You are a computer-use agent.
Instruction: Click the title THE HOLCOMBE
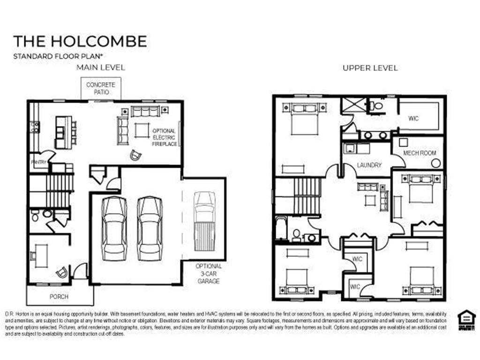pos(80,41)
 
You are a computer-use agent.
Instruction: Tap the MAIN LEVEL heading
pos(101,67)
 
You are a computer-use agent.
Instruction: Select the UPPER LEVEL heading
pos(370,68)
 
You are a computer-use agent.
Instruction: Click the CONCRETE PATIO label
pos(101,89)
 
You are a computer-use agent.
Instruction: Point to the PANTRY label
pos(38,162)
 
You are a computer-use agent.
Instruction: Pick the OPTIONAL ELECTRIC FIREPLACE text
pos(164,137)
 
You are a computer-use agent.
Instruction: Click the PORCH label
pos(59,297)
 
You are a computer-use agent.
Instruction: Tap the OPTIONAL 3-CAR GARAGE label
pos(209,273)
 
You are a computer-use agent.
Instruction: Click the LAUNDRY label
pos(369,165)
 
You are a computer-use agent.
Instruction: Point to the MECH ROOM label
pos(420,153)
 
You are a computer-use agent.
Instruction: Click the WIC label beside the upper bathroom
pos(413,119)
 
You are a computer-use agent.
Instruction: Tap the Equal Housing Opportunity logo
pos(466,321)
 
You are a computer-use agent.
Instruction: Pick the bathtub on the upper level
pos(281,229)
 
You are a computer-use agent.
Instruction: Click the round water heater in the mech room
pos(436,164)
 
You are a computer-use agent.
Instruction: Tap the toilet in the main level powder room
pos(35,216)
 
